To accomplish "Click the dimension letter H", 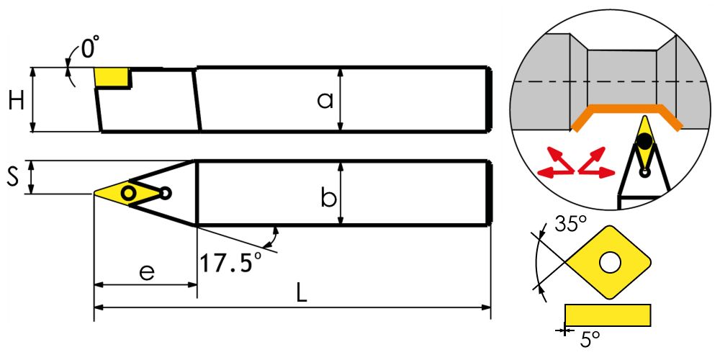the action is coord(17,101).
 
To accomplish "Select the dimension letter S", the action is coord(14,177).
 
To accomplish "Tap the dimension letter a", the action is coord(325,101).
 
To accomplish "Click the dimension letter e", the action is coord(146,272).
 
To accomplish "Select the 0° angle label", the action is coord(91,48).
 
